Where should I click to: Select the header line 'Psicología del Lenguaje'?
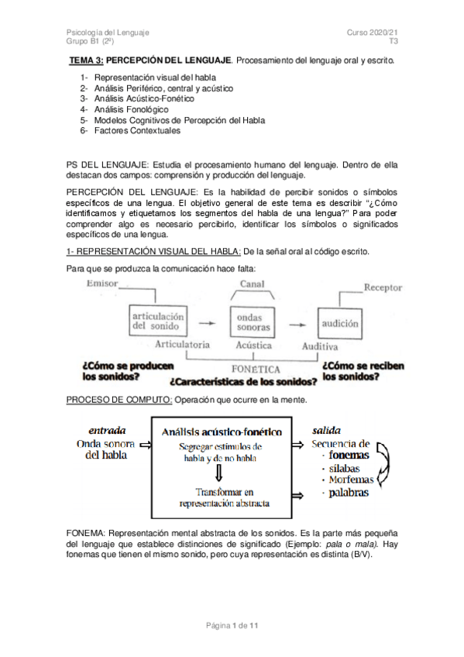108,32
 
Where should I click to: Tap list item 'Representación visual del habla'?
155,77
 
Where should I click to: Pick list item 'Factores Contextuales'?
137,131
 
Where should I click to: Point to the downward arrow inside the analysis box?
219,471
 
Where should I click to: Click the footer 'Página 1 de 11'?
232,625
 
